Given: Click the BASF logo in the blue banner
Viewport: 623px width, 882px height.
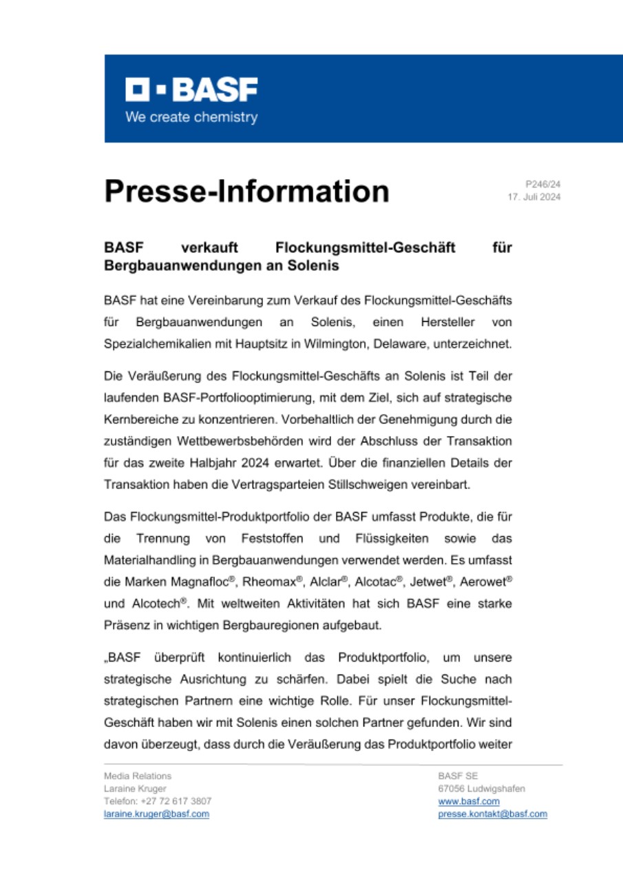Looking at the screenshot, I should [191, 89].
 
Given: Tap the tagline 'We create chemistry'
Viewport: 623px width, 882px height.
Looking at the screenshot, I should [191, 117].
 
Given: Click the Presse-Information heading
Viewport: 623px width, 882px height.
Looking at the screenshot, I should [246, 191].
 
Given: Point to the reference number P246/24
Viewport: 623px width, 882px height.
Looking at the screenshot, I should [543, 185].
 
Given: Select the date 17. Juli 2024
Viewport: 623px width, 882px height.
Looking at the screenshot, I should [534, 197].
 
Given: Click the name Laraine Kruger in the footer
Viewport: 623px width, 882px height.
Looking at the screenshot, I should [135, 788].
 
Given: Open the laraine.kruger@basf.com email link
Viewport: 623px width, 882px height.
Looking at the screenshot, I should [156, 814].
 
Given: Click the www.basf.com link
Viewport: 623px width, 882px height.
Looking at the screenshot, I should [468, 801].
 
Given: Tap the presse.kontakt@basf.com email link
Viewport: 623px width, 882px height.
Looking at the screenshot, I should [492, 814].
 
